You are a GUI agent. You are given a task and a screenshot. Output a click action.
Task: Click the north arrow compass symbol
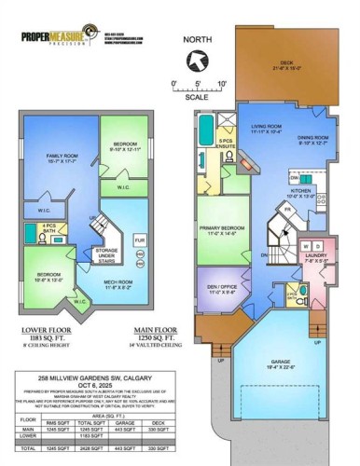(194, 63)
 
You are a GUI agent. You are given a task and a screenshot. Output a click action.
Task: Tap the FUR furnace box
(139, 240)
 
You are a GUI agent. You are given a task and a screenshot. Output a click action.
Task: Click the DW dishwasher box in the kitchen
(293, 175)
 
